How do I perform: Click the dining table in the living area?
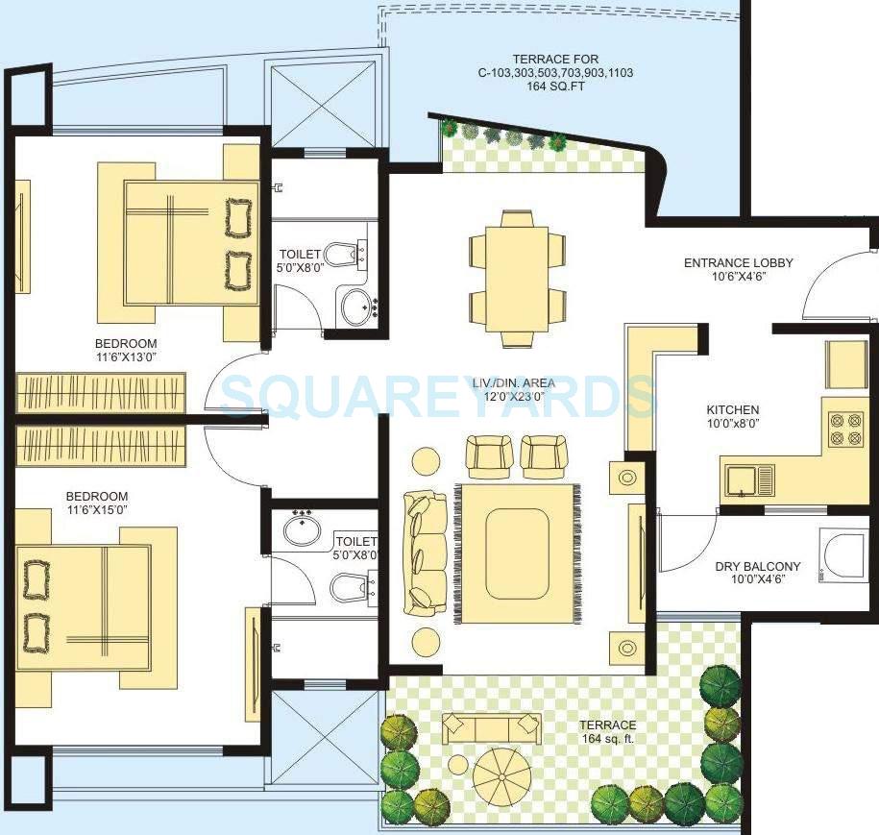pyautogui.click(x=517, y=279)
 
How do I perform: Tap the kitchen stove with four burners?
pyautogui.click(x=842, y=430)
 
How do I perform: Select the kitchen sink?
pyautogui.click(x=749, y=478)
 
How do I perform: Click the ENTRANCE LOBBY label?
pyautogui.click(x=738, y=262)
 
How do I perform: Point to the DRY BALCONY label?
pyautogui.click(x=757, y=566)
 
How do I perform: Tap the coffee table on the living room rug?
pyautogui.click(x=516, y=552)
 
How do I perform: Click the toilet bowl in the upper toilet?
pyautogui.click(x=342, y=255)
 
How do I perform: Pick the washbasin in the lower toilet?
pyautogui.click(x=305, y=527)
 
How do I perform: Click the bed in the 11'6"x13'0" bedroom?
pyautogui.click(x=190, y=241)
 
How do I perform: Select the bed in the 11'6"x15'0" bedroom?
pyautogui.click(x=86, y=607)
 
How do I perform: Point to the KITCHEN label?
pyautogui.click(x=733, y=410)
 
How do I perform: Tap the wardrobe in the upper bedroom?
pyautogui.click(x=88, y=394)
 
